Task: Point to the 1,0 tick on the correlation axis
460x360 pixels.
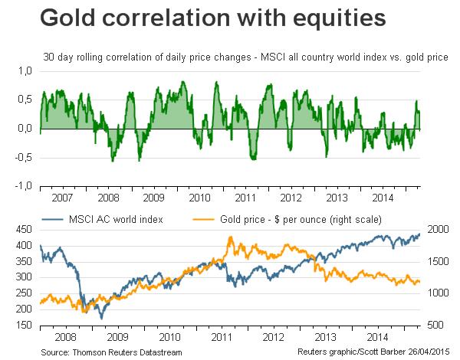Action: tap(25, 70)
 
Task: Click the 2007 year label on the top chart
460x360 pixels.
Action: tap(63, 197)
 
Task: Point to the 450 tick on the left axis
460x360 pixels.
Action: tap(24, 229)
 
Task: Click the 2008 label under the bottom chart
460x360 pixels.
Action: tap(65, 335)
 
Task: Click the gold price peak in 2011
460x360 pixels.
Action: tap(232, 237)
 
